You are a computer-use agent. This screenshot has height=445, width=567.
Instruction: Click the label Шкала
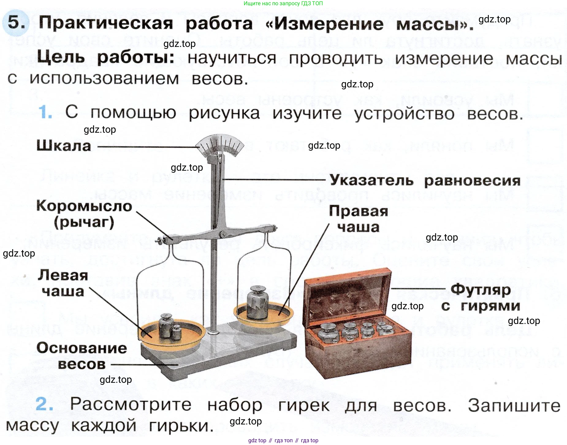64,146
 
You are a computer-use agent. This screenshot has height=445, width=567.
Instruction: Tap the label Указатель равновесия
425,180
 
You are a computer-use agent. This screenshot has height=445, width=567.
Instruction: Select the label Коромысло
84,206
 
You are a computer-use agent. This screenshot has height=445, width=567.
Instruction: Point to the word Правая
358,211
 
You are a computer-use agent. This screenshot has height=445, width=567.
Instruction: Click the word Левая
63,275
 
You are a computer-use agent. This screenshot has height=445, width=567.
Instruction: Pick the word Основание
82,348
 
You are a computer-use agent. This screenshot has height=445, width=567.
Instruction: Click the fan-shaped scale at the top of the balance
219,145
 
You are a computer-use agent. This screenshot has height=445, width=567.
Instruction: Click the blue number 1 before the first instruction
45,112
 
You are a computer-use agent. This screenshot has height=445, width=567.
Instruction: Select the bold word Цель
61,57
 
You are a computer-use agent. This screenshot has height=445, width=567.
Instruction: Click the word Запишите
514,405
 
